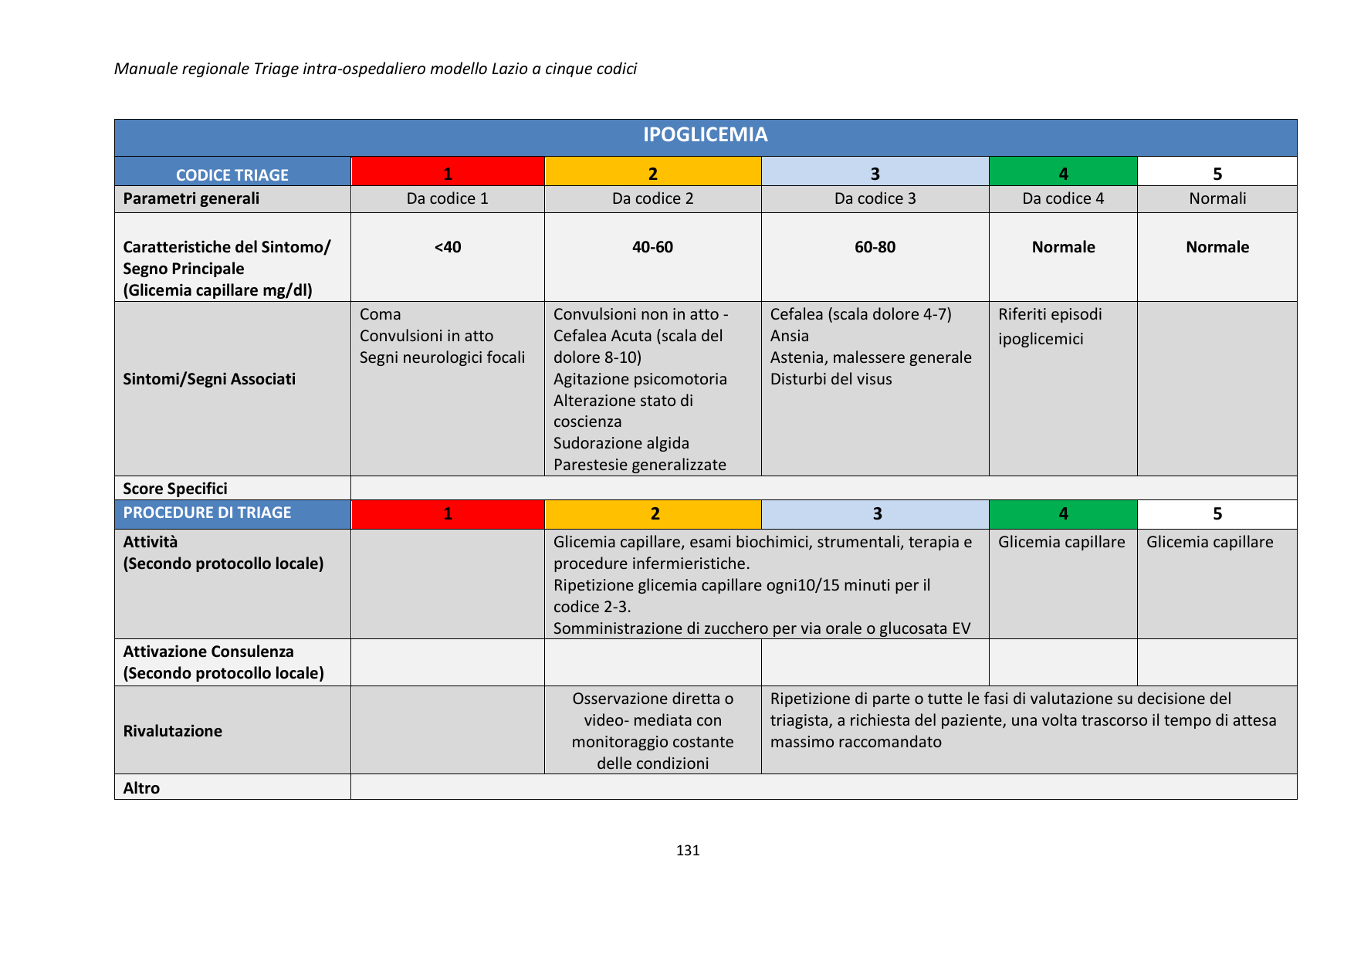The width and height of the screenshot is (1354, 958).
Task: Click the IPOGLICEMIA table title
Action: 705,135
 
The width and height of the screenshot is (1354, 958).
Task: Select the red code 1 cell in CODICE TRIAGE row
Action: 448,173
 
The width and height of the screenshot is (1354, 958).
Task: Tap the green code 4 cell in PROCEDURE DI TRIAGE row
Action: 1063,514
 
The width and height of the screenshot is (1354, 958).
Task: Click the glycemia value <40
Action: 448,247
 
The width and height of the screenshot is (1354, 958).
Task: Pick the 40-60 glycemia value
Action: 652,247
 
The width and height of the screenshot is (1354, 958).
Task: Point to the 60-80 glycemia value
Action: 875,247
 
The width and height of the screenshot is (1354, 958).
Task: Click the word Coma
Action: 381,314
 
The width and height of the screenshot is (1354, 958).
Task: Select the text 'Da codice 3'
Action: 875,198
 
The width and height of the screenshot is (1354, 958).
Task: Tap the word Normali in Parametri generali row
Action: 1217,198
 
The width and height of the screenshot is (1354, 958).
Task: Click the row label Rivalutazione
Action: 173,731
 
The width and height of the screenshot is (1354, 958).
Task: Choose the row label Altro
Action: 142,788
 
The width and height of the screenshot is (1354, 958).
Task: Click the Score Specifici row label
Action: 175,489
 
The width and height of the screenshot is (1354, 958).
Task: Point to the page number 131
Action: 688,850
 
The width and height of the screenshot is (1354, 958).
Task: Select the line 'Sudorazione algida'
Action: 621,443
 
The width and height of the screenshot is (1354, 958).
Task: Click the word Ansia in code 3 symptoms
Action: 790,336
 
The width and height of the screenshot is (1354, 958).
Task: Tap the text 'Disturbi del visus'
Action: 831,379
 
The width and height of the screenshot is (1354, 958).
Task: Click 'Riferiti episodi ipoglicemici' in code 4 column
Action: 1050,327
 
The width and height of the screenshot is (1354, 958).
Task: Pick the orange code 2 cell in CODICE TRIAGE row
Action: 652,173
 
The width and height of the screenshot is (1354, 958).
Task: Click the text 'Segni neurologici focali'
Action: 442,357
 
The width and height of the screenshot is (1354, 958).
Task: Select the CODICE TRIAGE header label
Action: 232,175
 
